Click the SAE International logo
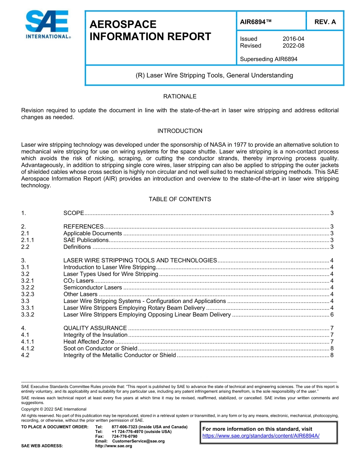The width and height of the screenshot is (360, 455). coord(47,25)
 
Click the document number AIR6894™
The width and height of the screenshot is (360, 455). coord(256,22)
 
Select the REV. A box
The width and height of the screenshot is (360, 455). coord(325,22)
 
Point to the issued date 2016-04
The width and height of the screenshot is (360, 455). coord(293,39)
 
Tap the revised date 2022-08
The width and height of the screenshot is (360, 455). coord(293,45)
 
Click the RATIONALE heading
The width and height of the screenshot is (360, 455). coord(180,96)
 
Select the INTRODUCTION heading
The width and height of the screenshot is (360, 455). coord(180,131)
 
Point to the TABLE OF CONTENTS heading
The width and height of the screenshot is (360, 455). coord(180,199)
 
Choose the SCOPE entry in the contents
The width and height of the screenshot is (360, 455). coord(74,213)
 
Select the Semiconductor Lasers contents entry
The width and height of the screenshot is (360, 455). coord(92,287)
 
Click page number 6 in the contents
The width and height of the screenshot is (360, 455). coord(332,315)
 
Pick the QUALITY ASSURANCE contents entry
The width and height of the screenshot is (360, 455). coord(95,328)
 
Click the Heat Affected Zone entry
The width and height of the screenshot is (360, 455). coord(88,342)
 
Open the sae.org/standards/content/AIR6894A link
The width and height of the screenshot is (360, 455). coord(261,436)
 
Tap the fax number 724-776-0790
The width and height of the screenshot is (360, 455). coord(124,436)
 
